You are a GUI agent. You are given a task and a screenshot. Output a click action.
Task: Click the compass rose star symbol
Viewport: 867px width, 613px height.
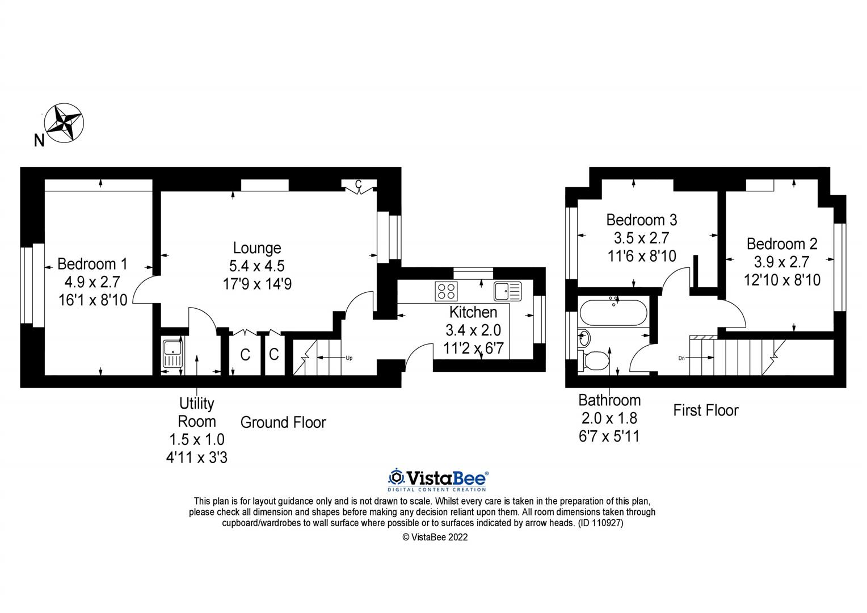coord(64,123)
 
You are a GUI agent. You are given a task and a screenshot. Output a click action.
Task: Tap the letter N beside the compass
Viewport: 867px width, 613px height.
coord(39,141)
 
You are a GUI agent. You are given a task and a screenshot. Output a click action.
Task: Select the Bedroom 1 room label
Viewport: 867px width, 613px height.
coord(92,264)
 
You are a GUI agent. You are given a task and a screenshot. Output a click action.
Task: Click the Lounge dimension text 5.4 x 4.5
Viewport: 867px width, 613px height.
coord(257,266)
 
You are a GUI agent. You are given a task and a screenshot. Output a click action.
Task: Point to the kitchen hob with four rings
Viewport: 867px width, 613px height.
coord(446,291)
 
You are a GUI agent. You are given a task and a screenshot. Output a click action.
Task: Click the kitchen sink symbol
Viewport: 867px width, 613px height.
coord(507,291)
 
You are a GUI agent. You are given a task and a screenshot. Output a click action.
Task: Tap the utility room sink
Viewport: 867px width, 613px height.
coord(171,354)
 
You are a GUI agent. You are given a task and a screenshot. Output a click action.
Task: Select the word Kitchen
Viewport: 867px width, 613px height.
coord(473,312)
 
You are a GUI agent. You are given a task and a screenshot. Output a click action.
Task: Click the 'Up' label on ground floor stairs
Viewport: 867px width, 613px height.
coord(349,358)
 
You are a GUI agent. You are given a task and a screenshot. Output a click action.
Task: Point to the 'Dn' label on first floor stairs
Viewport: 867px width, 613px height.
coord(681,358)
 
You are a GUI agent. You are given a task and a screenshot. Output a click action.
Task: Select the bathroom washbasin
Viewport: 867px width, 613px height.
coord(584,338)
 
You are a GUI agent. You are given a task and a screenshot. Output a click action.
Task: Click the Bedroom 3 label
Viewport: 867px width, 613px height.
coord(641,220)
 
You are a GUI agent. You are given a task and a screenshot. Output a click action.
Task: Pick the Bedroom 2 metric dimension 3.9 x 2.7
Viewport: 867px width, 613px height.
coord(781,262)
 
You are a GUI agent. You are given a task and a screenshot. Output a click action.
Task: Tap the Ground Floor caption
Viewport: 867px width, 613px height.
coord(283,422)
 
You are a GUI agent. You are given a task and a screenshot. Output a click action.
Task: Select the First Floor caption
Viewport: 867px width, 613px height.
coord(705,410)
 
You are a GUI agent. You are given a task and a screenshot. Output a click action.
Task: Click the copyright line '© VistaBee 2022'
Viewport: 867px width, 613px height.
coord(435,537)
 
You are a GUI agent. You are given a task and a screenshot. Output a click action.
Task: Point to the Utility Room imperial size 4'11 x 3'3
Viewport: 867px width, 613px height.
coord(196,457)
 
